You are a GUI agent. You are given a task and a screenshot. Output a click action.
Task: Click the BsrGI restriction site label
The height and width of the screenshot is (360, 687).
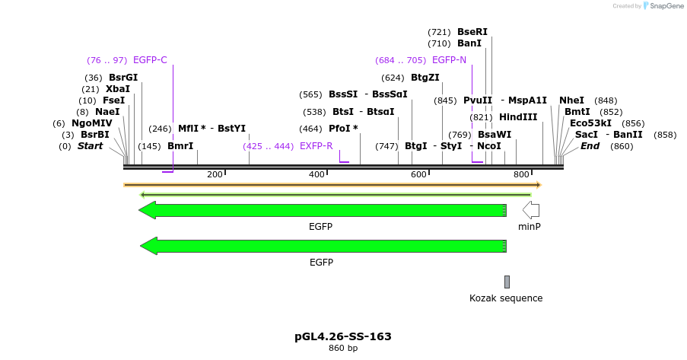click(123, 78)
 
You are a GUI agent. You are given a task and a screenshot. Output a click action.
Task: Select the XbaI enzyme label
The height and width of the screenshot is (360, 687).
click(118, 89)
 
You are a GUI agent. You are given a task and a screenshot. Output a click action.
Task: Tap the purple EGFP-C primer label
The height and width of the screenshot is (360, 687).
click(150, 60)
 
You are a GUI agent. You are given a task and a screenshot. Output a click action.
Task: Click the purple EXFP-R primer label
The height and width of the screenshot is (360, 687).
click(316, 146)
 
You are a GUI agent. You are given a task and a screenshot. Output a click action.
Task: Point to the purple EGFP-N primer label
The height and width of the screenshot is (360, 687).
click(449, 60)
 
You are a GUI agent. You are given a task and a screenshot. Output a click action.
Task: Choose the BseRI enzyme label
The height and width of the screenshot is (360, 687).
click(472, 32)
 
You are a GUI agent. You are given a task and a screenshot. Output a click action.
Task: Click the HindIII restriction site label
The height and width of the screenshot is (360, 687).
click(518, 117)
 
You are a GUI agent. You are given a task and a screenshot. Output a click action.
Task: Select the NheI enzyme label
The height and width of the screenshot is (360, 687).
click(571, 100)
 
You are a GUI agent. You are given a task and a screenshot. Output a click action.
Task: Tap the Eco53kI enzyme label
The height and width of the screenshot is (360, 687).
click(590, 123)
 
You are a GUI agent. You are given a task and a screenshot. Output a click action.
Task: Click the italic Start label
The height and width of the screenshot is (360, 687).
click(90, 146)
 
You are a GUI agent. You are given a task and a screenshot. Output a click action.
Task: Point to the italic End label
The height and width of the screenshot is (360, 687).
click(590, 146)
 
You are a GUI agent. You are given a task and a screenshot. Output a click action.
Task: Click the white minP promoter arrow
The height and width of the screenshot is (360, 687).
click(530, 210)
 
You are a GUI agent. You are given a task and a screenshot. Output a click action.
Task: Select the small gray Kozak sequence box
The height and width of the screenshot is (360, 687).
click(507, 282)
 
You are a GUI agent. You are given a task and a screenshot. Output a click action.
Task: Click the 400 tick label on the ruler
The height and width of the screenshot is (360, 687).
click(316, 175)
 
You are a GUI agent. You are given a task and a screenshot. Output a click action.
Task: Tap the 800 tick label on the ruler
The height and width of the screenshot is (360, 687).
click(521, 175)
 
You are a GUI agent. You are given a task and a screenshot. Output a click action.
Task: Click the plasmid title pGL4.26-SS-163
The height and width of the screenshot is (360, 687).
click(342, 336)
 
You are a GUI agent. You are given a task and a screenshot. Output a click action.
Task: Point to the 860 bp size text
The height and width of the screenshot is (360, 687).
click(342, 349)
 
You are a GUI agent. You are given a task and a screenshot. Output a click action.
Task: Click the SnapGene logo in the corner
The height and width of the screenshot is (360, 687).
click(660, 6)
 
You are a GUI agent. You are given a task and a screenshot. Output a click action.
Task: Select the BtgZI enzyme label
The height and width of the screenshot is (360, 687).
click(425, 78)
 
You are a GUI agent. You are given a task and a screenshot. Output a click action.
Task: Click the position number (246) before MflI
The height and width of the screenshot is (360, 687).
click(161, 129)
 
